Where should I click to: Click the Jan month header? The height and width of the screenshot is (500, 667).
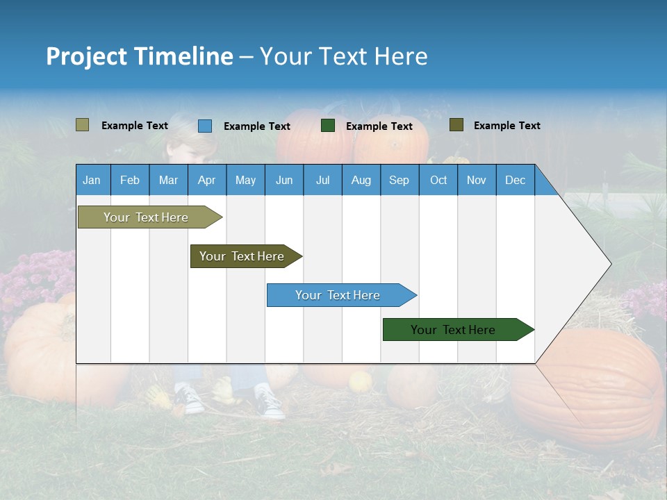coord(92,181)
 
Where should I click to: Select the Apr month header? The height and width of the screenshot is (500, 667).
coord(206,181)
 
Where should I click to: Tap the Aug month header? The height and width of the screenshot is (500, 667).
coord(361,181)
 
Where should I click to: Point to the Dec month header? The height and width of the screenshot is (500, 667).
coord(515,181)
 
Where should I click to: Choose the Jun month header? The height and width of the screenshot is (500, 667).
coord(283,181)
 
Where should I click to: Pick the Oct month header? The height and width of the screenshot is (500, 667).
coord(438,181)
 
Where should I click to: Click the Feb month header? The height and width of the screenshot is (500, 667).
coord(130,181)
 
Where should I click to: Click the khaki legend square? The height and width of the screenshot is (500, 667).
coord(82,125)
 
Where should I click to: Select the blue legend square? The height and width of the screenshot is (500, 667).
coord(205,126)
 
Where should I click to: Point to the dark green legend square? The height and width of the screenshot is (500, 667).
coord(328,126)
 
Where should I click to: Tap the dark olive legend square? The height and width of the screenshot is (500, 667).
coord(456,125)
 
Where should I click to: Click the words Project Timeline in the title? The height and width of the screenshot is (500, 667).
coord(139,56)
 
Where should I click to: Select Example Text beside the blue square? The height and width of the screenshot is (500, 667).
coord(257,126)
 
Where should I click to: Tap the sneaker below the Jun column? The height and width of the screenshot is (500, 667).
coord(270,402)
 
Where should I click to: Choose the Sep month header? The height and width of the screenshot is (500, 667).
coord(399,181)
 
